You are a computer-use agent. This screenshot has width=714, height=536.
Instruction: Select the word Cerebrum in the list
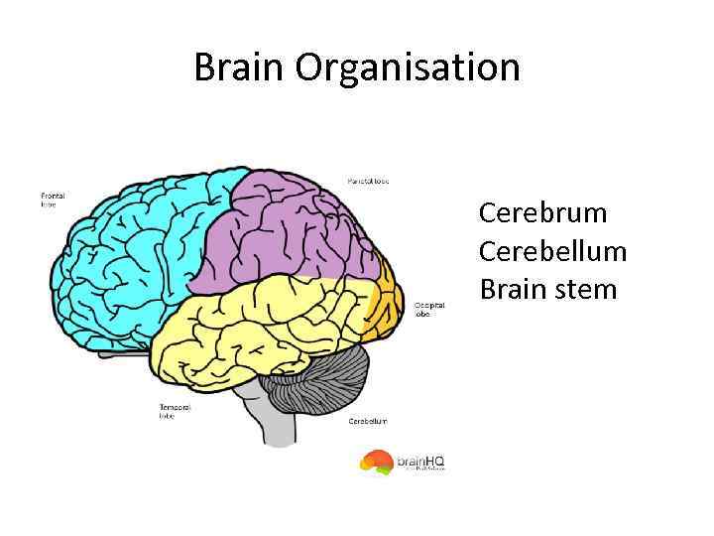point(542,213)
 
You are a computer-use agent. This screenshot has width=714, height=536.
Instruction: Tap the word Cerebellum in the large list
point(553,251)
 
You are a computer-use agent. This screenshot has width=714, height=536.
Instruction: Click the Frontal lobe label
point(52,200)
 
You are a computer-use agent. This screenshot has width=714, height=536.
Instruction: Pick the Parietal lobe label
point(368,182)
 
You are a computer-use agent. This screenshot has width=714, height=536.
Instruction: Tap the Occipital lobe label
point(429,309)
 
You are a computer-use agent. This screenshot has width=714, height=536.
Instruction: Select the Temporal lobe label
point(173,410)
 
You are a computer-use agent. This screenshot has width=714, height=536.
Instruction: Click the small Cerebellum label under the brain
point(368,421)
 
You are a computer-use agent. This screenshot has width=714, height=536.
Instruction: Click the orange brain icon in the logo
point(376,461)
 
